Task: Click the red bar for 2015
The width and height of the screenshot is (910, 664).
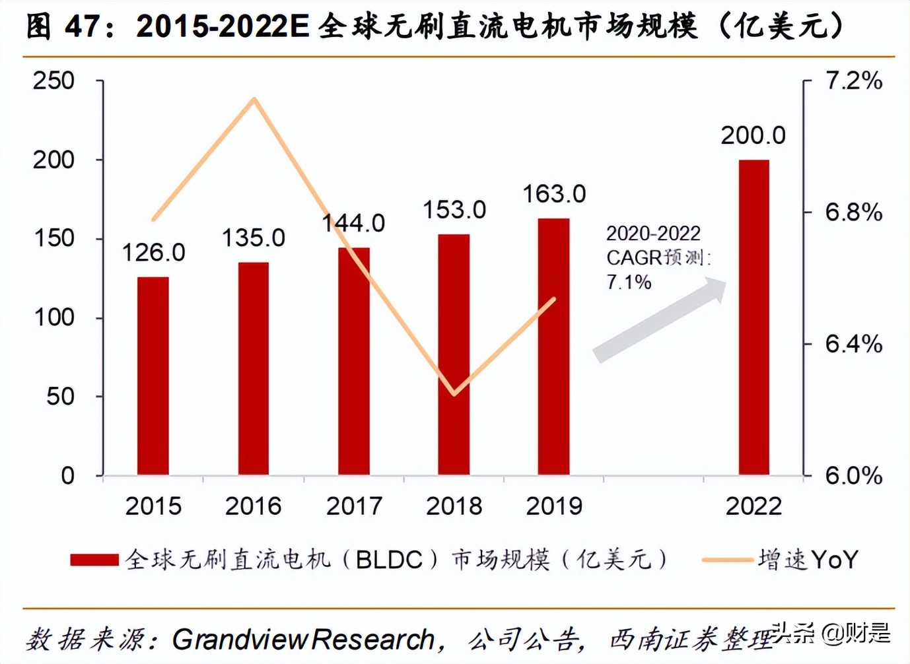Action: pos(153,376)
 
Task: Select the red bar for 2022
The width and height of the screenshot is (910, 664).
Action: pos(753,317)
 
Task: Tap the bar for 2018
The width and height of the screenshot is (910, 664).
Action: pos(454,354)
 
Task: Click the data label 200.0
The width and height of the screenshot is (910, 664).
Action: pos(753,135)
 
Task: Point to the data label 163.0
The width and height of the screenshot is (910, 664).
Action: pos(554,194)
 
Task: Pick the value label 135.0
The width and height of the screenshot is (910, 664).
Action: pos(253,238)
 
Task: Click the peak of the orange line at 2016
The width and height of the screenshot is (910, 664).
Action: pos(254,100)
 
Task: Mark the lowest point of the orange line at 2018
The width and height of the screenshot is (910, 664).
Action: pos(454,394)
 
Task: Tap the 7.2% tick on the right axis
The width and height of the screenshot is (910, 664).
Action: pos(853,81)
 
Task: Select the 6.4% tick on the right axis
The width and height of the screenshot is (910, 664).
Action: pos(853,344)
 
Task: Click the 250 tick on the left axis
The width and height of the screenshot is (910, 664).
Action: pos(54,81)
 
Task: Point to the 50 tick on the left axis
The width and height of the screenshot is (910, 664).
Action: pos(61,397)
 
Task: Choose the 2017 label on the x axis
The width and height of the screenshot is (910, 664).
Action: pos(354,506)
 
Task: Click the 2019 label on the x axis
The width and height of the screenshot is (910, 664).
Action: pos(554,506)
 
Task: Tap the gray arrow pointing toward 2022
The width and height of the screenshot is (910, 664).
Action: pos(660,319)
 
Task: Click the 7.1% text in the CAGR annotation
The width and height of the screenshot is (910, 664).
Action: pos(629,282)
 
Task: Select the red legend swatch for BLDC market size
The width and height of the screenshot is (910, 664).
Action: pos(94,560)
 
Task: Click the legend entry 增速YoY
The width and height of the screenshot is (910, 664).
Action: pos(808,560)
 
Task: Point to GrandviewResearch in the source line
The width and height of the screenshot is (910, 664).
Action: pos(303,640)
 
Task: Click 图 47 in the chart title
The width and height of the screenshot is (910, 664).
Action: pos(63,27)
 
